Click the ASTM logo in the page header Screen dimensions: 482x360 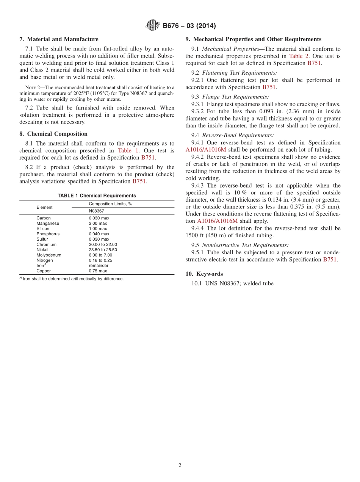tap(153, 26)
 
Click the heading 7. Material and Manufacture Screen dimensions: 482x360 tap(59, 39)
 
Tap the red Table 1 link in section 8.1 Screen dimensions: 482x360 tap(128, 150)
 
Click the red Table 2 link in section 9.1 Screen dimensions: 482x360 tap(299, 56)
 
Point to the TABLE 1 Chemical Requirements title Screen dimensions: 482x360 tap(97, 196)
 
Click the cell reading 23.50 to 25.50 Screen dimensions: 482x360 tap(103, 250)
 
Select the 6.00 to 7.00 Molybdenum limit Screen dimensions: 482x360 tap(100, 255)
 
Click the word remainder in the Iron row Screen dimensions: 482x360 tap(99, 266)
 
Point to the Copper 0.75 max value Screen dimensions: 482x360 tap(98, 271)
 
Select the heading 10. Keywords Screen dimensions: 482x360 tap(204, 274)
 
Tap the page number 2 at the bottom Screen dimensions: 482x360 tap(180, 466)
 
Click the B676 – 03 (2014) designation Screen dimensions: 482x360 tap(189, 26)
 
